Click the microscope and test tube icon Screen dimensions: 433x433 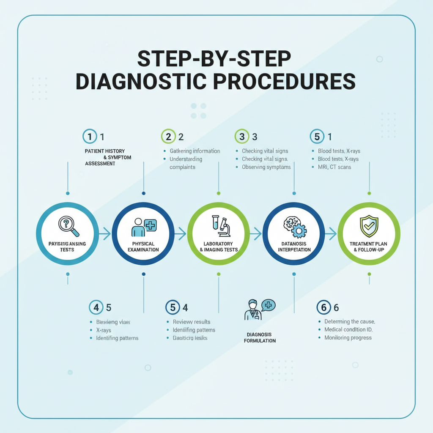click(x=220, y=225)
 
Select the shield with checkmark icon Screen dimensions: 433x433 click(x=369, y=226)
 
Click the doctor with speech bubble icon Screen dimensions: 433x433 click(x=259, y=310)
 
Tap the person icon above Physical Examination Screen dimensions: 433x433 click(x=138, y=227)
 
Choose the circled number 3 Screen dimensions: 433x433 click(x=241, y=137)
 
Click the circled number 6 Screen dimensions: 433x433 click(x=323, y=307)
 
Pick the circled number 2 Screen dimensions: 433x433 click(x=168, y=137)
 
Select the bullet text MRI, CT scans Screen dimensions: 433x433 click(x=334, y=167)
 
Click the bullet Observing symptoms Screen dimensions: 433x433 click(x=266, y=167)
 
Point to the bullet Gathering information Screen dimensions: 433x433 click(x=195, y=151)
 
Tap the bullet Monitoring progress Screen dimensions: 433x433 click(x=348, y=337)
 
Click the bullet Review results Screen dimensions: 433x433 click(x=191, y=322)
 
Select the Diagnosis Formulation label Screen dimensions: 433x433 click(x=260, y=337)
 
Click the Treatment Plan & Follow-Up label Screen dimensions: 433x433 click(x=368, y=247)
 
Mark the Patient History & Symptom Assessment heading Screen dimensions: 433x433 click(x=108, y=157)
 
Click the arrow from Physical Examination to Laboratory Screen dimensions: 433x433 click(x=180, y=233)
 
